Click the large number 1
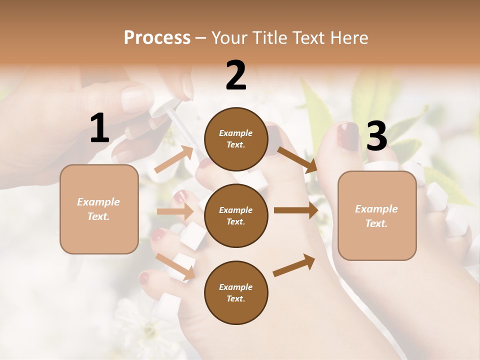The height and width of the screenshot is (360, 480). (99, 128)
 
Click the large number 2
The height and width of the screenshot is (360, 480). (236, 75)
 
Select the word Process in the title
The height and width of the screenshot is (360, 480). (157, 37)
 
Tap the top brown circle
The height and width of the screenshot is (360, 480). (236, 139)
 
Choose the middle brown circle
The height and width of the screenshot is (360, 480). (236, 215)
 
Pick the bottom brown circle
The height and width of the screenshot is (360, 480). (236, 292)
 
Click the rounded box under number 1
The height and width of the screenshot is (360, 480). (99, 209)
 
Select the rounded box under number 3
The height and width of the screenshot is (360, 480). (377, 215)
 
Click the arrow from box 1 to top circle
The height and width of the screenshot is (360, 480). (173, 159)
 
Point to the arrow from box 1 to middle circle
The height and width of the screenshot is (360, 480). (175, 211)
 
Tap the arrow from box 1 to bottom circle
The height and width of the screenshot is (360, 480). (175, 265)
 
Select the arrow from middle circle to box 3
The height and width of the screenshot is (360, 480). (296, 210)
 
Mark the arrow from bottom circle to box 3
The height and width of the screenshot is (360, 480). (294, 265)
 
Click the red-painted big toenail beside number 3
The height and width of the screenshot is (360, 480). (348, 136)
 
